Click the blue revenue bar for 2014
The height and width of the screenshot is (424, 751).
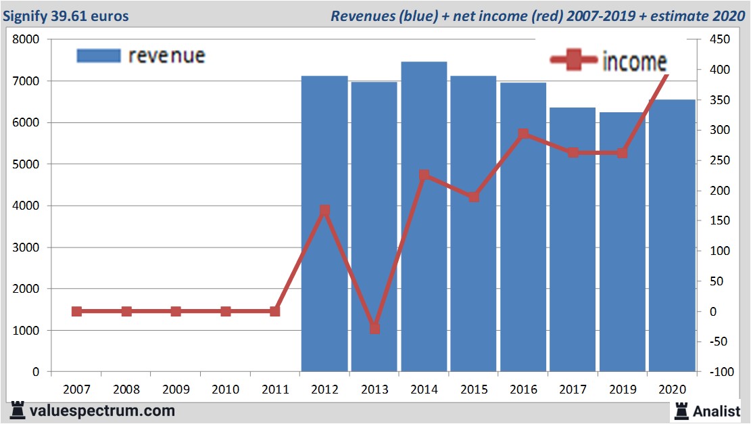pyautogui.click(x=424, y=216)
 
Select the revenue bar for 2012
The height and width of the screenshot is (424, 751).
pyautogui.click(x=324, y=223)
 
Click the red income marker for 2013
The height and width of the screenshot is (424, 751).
pyautogui.click(x=374, y=328)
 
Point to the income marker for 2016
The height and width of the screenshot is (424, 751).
pyautogui.click(x=523, y=134)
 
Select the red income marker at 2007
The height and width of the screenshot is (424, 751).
pyautogui.click(x=76, y=311)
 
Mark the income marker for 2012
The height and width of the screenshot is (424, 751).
pyautogui.click(x=324, y=211)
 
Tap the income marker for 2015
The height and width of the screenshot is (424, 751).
pyautogui.click(x=474, y=197)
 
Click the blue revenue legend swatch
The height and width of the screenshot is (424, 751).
pyautogui.click(x=99, y=55)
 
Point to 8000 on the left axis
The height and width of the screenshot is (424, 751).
pyautogui.click(x=26, y=39)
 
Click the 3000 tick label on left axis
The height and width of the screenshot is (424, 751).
pyautogui.click(x=26, y=248)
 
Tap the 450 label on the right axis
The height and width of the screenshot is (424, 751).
pyautogui.click(x=719, y=39)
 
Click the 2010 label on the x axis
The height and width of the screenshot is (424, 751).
pyautogui.click(x=225, y=390)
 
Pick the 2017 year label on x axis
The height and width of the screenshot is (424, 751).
pyautogui.click(x=573, y=390)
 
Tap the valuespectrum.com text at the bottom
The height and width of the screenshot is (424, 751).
pyautogui.click(x=102, y=410)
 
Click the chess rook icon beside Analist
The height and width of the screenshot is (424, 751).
pyautogui.click(x=681, y=410)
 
